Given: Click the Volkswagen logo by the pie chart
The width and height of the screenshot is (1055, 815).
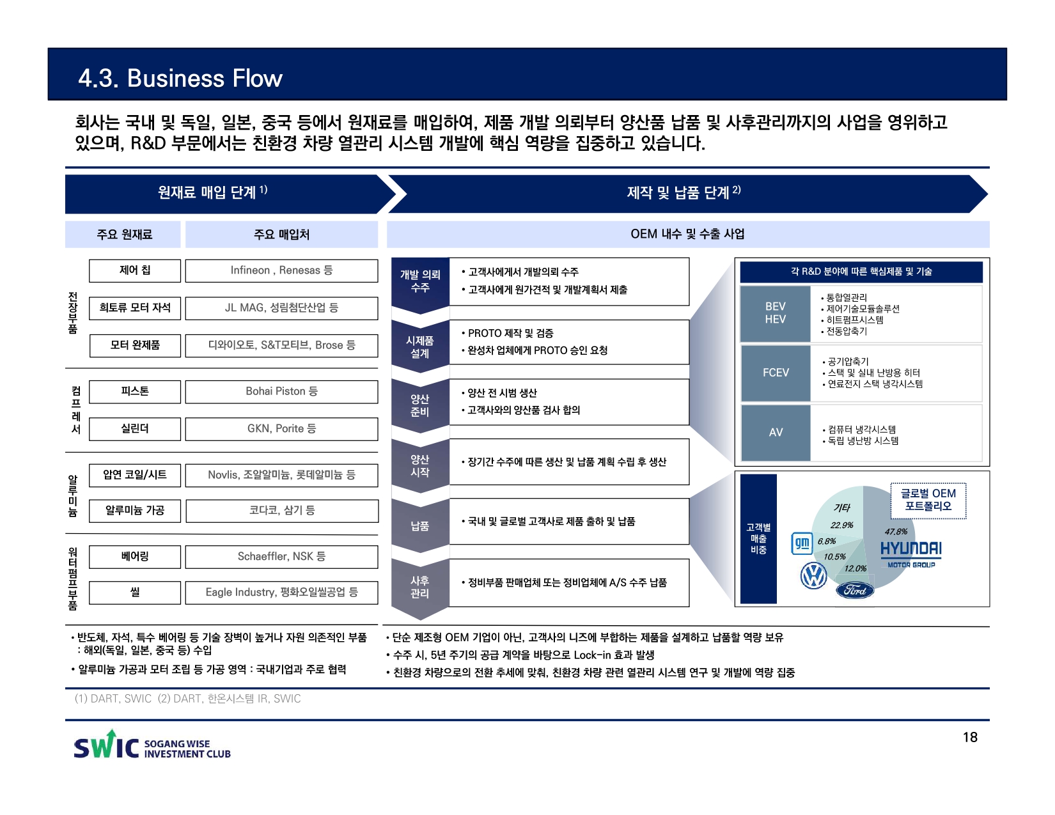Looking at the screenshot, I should point(814,575).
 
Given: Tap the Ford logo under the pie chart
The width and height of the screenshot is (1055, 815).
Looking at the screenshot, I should point(855,590).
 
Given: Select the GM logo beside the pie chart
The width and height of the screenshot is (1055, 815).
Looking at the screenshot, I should point(802,543).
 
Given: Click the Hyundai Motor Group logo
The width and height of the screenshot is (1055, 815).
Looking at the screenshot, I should point(910,554).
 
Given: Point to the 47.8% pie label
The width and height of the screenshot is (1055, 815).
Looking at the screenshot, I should point(896,531).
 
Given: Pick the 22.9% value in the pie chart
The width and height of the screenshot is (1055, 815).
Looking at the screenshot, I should point(841,525).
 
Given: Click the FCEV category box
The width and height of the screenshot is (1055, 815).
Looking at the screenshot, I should point(776,373).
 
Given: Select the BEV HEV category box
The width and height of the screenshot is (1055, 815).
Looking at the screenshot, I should point(776,313).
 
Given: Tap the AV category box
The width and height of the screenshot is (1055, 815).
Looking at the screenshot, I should point(776,433).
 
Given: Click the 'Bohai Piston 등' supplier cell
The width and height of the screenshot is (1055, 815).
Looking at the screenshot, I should point(281,391).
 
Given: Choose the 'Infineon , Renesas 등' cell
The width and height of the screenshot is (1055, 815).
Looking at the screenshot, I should point(281,270).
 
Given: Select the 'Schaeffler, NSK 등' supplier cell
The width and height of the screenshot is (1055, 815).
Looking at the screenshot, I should point(281,556).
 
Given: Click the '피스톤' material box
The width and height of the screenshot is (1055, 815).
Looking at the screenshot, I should point(135,391).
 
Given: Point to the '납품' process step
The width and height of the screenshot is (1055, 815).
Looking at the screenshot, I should point(419,526).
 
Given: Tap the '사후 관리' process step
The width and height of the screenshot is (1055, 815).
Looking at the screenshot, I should point(419,587).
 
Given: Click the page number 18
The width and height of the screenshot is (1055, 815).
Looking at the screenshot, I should point(970,737).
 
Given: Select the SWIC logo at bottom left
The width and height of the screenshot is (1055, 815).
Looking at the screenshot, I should point(152,746).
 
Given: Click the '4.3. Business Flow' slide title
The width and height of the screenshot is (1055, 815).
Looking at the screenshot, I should point(180,78).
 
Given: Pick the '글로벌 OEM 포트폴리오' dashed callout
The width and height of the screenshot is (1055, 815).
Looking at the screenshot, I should point(928,500).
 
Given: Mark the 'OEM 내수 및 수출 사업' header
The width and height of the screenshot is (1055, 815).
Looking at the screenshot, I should point(687,234).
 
